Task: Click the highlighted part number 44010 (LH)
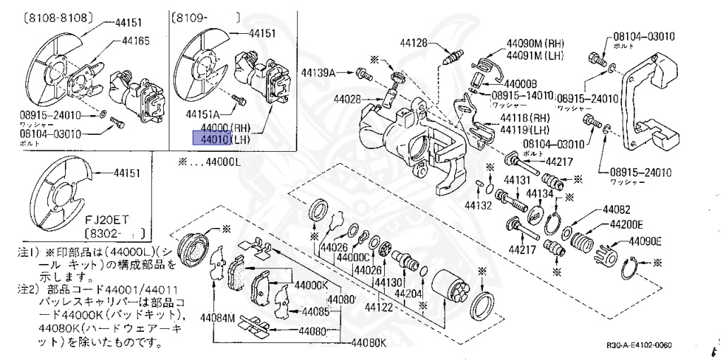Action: pyautogui.click(x=211, y=139)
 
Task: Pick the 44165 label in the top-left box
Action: pyautogui.click(x=136, y=42)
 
